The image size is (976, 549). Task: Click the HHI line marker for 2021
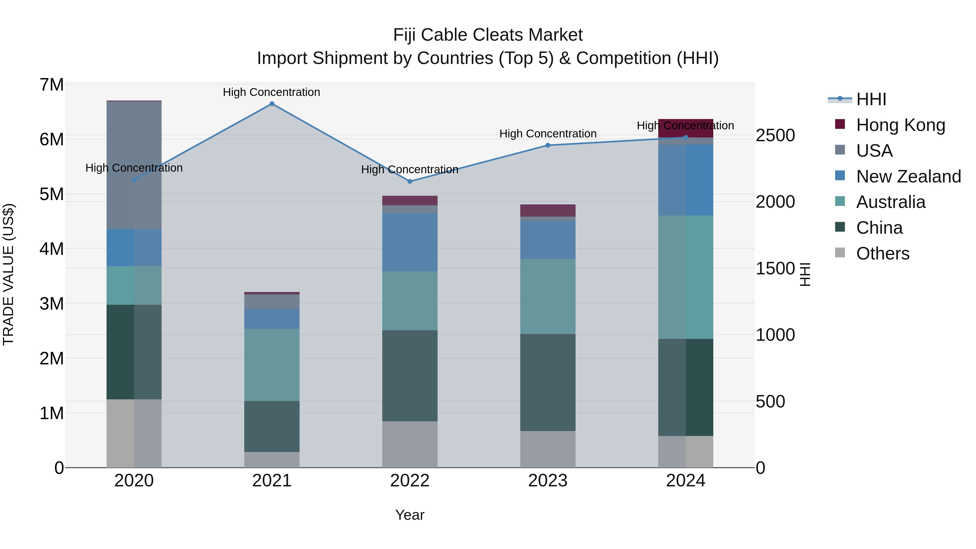click(x=272, y=104)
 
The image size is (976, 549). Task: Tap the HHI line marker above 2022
click(x=410, y=181)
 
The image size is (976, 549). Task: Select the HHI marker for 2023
click(x=547, y=145)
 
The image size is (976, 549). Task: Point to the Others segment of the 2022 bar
click(x=410, y=444)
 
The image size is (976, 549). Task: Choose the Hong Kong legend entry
click(x=900, y=125)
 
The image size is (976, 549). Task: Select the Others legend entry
click(x=882, y=253)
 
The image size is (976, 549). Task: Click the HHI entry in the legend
click(x=871, y=99)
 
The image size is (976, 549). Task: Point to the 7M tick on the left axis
click(x=52, y=85)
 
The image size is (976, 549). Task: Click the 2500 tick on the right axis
click(x=775, y=136)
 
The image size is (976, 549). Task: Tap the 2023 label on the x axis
click(x=547, y=481)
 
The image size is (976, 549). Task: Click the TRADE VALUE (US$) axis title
click(x=8, y=274)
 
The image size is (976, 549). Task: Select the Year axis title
click(x=410, y=515)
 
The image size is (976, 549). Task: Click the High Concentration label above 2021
click(x=271, y=92)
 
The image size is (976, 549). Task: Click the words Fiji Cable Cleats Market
click(x=488, y=35)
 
